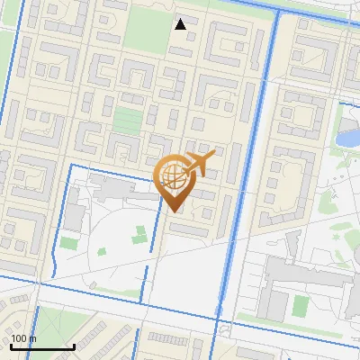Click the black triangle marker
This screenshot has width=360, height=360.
coord(181,24)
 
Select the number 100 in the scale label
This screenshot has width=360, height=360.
coord(19,338)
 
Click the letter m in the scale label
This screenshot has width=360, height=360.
coord(32,338)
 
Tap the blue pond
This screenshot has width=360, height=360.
coord(347,138)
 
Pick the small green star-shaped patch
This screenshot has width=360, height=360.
coord(139,237)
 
